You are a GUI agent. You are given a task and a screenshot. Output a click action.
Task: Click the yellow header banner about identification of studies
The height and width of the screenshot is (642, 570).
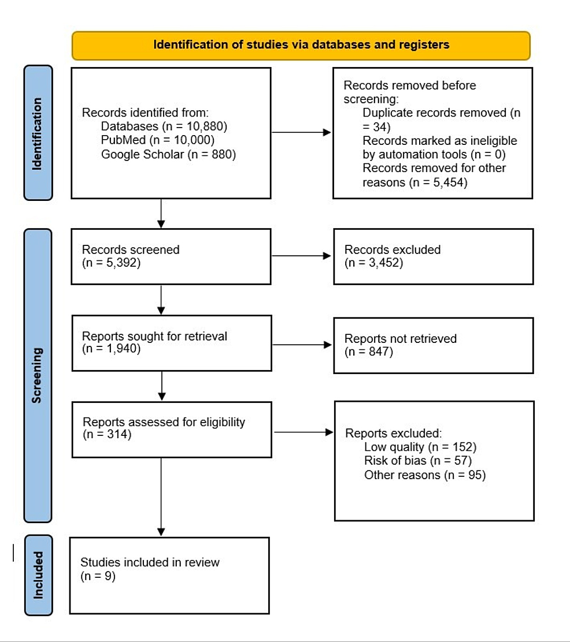[301, 45]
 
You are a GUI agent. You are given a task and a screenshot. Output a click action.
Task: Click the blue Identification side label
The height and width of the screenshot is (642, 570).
[38, 133]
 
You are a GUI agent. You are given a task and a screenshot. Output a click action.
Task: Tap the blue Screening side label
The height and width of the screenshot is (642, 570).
[38, 375]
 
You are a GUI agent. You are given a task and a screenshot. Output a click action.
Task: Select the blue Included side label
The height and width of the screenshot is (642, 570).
[38, 574]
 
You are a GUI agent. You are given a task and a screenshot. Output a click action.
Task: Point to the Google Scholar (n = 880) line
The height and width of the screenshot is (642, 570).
[168, 154]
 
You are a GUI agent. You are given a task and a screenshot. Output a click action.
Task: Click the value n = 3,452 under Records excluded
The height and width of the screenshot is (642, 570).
[373, 263]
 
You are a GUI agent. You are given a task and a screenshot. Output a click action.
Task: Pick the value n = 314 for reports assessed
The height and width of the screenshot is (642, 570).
[107, 435]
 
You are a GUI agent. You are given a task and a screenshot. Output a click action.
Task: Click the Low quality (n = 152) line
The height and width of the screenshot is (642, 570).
[420, 447]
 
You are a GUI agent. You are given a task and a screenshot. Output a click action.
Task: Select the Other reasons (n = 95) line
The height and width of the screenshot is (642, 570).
[425, 475]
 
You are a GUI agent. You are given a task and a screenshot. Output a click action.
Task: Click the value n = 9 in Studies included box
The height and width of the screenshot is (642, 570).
[98, 576]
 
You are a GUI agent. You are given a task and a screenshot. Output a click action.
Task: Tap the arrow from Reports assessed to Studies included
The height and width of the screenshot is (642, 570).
[161, 497]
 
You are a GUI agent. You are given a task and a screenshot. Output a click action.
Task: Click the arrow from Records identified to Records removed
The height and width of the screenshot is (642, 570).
[301, 132]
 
